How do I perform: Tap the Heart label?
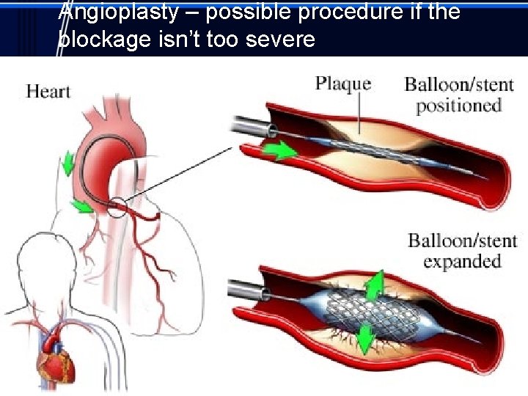click(x=48, y=92)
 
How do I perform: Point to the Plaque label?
click(x=342, y=83)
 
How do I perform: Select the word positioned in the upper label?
click(x=458, y=105)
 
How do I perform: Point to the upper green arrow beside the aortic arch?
click(x=67, y=163)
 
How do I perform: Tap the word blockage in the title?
click(x=106, y=40)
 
